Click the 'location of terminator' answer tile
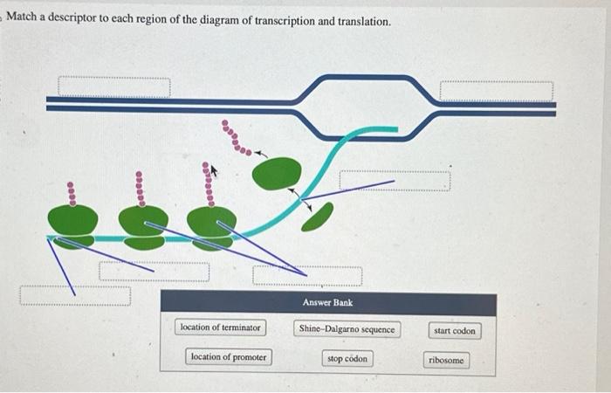[x=220, y=327]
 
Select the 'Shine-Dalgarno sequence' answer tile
[x=347, y=329]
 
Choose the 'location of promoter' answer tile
[x=229, y=357]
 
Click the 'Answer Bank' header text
[x=327, y=302]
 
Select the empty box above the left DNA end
[x=114, y=87]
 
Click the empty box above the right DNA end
[x=496, y=91]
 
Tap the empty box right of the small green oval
[x=395, y=181]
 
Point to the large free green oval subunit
[x=277, y=173]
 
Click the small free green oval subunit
[x=318, y=216]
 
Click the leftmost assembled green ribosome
[x=72, y=223]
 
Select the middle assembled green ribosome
[x=143, y=225]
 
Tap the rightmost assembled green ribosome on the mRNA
[x=211, y=225]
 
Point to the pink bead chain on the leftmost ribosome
[x=72, y=192]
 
